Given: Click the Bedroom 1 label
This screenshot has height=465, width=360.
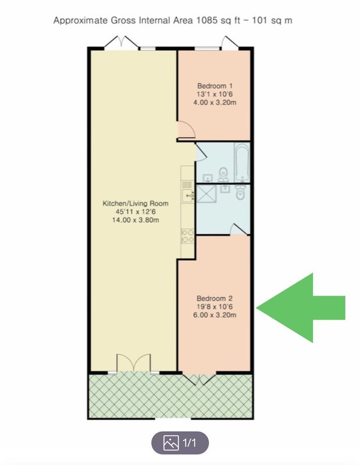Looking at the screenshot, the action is point(215,86).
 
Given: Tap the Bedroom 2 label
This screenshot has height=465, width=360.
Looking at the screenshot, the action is point(215,298).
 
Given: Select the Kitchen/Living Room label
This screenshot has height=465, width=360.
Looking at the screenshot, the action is point(136,203).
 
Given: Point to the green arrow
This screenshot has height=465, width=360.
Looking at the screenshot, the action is point(300,308).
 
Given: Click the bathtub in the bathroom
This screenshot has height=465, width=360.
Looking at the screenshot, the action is point(242,163).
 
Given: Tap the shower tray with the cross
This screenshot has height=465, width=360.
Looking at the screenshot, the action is point(206,194).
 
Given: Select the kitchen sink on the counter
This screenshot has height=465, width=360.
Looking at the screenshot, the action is point(188,195).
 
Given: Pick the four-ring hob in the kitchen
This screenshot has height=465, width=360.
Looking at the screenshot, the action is point(187,236).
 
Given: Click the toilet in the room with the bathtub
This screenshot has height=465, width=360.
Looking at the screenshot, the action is point(223,174).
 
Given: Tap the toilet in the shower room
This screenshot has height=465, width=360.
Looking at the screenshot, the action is point(240,192).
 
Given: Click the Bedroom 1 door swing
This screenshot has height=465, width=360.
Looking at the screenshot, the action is point(186,130).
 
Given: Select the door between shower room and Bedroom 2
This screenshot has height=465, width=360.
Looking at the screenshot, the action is point(239,229).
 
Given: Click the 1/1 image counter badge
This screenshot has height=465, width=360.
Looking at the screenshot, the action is point(180,443).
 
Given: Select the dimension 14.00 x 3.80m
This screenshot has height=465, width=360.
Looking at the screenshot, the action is point(136,220).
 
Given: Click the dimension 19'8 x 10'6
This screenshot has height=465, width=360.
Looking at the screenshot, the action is point(215,307).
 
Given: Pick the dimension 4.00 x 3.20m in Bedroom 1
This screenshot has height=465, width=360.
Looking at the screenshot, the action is point(215,103).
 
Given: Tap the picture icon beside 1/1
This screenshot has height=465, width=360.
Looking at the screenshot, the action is point(171,443).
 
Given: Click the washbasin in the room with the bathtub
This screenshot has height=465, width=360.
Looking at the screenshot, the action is point(208,178).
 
